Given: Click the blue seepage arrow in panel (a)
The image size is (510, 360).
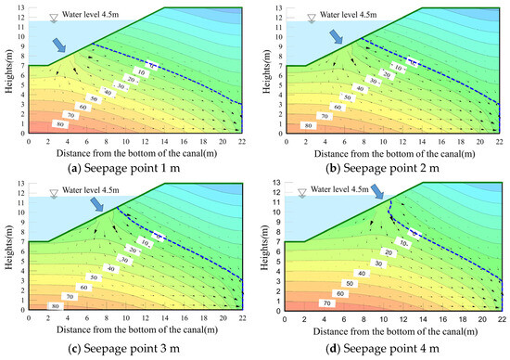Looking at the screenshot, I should pos(59,44).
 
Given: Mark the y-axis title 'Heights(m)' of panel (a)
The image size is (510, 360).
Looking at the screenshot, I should pos(8,70).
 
